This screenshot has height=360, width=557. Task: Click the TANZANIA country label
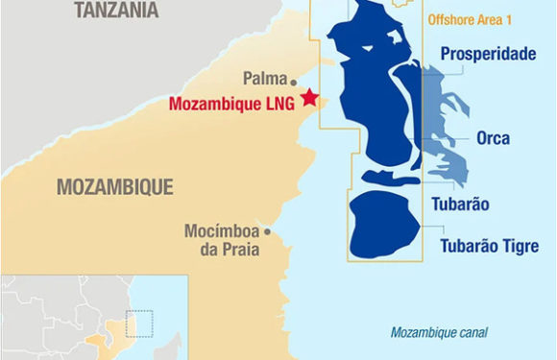pos(117,12)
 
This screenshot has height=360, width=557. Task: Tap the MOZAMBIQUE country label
pos(114,186)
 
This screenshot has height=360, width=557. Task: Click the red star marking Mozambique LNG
pos(309,97)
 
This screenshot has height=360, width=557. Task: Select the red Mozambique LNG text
pos(234,104)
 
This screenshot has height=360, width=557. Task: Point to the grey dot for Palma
pos(293,83)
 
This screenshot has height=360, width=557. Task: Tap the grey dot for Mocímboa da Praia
pos(267,231)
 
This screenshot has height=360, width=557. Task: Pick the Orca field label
pos(493,138)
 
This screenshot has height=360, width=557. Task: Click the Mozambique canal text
pos(439,333)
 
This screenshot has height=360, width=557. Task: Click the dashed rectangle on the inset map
pos(139,324)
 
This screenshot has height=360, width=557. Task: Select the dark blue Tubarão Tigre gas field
pos(382,225)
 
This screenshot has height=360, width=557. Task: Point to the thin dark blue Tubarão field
pos(384,179)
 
